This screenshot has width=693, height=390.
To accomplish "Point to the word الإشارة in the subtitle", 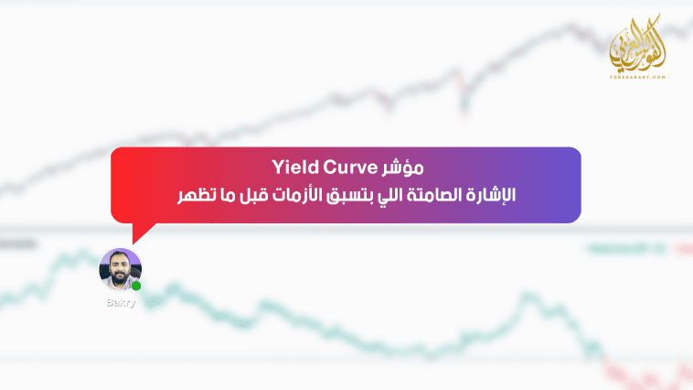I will pos(489,195).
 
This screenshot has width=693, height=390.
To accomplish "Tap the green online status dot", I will pos(136,286).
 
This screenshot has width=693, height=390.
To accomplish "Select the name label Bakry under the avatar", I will pos(120,303).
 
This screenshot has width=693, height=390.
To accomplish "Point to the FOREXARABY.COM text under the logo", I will pos(637,76).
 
